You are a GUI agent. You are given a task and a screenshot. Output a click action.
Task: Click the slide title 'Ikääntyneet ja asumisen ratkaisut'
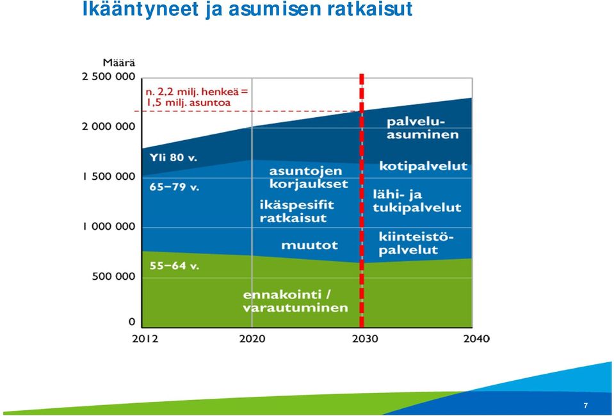[x=248, y=10]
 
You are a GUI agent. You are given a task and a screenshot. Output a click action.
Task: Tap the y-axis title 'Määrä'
[x=119, y=63]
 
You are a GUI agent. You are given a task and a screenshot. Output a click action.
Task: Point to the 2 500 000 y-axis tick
[x=108, y=77]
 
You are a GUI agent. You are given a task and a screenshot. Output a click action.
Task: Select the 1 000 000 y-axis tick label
[x=108, y=227]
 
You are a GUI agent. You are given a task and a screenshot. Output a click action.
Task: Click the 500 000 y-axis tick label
[x=113, y=276]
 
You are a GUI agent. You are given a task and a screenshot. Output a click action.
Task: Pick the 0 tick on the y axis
[x=132, y=322]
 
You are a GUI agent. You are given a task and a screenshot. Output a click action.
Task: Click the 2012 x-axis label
[x=145, y=339]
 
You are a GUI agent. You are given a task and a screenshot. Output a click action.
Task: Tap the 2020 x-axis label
[x=252, y=339]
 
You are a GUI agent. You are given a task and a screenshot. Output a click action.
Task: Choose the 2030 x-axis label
[x=365, y=339]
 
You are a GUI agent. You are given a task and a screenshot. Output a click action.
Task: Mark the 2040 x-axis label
[x=476, y=339]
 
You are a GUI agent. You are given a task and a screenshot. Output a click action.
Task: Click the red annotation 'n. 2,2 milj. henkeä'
[x=197, y=92]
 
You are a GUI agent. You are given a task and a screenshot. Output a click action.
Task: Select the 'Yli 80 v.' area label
[x=173, y=157]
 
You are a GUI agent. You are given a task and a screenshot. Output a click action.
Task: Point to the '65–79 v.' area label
[x=174, y=187]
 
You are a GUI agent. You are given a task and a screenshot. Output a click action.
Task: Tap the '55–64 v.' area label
[x=174, y=266]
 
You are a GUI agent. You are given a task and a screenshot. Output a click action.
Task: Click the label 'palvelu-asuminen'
[x=423, y=129]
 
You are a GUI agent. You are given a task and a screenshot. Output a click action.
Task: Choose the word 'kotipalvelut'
[x=423, y=166]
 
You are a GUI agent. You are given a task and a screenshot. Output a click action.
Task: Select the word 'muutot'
[x=309, y=245]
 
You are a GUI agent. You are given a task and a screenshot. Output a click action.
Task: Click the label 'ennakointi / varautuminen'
[x=295, y=301]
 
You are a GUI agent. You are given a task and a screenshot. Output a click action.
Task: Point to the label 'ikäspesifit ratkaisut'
[x=297, y=211]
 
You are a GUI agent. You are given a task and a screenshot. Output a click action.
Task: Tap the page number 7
[x=585, y=406]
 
